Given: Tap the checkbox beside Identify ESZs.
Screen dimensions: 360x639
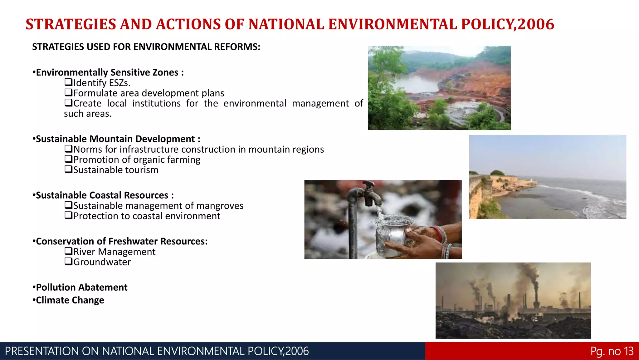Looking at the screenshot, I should point(68,82).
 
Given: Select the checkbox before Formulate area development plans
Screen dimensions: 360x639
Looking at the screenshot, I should point(68,93).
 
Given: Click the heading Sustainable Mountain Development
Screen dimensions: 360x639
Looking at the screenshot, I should point(115,139).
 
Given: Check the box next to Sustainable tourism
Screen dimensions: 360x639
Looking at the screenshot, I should point(68,170).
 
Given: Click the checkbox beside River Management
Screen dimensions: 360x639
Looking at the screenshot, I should point(68,251).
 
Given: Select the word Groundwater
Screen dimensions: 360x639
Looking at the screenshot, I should point(102,262).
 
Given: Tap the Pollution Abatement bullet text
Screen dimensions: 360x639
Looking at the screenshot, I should point(81,287).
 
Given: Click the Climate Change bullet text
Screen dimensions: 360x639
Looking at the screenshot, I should point(70,300).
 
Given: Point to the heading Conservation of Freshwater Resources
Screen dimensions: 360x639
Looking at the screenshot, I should point(122,241).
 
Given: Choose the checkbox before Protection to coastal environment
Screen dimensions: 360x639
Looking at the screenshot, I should point(68,216).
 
